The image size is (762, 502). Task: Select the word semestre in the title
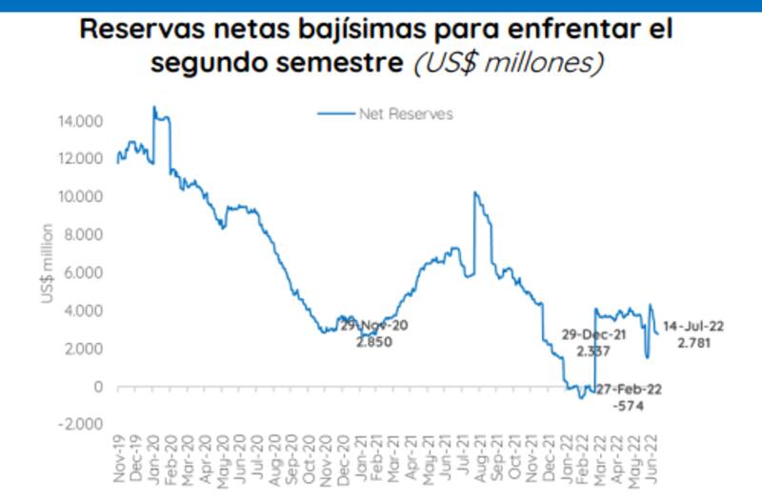pyautogui.click(x=339, y=63)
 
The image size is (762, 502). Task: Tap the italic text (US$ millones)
pyautogui.click(x=509, y=63)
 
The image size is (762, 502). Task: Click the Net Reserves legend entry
pyautogui.click(x=405, y=114)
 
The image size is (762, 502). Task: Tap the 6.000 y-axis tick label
pyautogui.click(x=88, y=272)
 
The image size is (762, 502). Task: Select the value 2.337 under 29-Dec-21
pyautogui.click(x=592, y=351)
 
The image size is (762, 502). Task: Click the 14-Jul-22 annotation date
pyautogui.click(x=693, y=325)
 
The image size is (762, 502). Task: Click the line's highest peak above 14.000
pyautogui.click(x=154, y=107)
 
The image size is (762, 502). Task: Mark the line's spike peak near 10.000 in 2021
pyautogui.click(x=474, y=192)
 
